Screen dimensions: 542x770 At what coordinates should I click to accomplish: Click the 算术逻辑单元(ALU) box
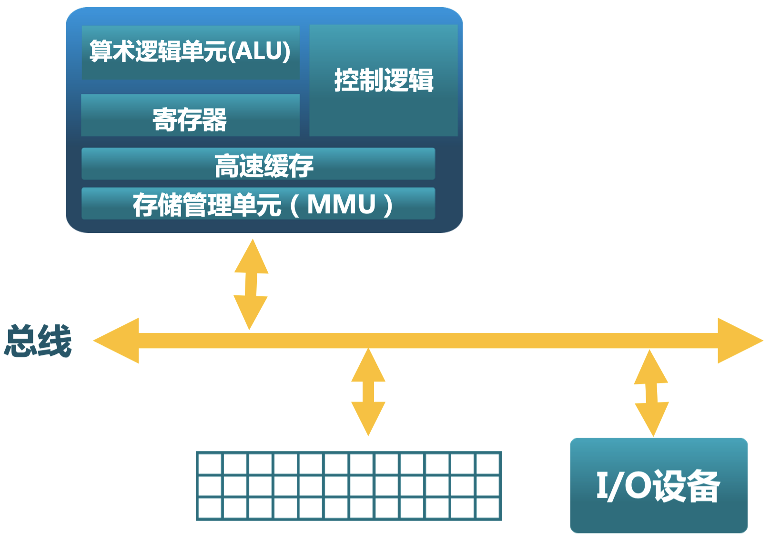191,52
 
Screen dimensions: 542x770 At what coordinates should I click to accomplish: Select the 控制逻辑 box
384,80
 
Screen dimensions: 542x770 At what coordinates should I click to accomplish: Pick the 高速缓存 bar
258,164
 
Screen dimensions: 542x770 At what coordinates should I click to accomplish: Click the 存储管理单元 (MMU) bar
258,204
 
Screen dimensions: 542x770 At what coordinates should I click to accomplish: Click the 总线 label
38,341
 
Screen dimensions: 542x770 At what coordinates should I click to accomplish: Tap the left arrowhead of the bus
117,341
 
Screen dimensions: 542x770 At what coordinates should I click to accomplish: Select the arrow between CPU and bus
251,284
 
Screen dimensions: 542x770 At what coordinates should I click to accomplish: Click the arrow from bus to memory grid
368,392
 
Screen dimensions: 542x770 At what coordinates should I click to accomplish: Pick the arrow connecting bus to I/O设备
651,393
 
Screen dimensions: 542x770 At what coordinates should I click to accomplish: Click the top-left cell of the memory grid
210,463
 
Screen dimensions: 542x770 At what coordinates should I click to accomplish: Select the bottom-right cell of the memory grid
488,508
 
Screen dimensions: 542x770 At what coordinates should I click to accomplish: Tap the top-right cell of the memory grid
488,463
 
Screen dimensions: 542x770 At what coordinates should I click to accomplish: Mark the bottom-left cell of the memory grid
210,508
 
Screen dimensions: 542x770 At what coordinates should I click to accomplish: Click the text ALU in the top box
260,51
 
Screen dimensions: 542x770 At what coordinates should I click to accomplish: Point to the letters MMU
342,205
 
